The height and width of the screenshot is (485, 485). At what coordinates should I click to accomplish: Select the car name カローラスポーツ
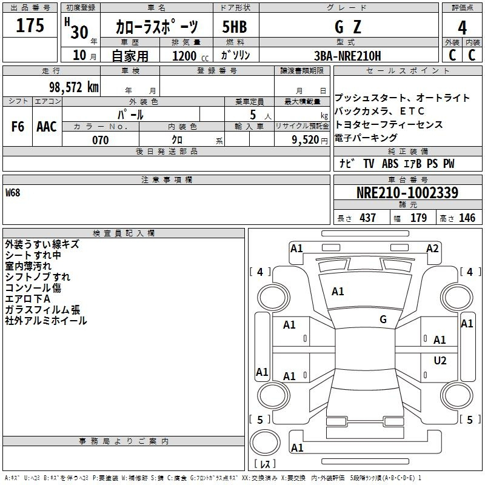[156, 27]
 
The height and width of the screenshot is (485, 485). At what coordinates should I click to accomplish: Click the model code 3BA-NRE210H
[348, 56]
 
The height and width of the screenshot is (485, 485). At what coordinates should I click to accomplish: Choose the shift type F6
[18, 127]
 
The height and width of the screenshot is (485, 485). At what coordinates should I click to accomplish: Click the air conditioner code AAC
[47, 127]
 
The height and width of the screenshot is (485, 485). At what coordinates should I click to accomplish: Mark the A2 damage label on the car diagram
[432, 248]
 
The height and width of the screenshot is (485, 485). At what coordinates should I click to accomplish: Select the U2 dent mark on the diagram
[440, 361]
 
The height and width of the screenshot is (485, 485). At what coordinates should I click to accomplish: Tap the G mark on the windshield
[383, 319]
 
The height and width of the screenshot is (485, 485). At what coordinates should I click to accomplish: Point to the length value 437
[367, 218]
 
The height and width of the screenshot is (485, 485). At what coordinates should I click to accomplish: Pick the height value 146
[467, 218]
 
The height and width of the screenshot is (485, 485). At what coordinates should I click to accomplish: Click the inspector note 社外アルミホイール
[46, 321]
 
